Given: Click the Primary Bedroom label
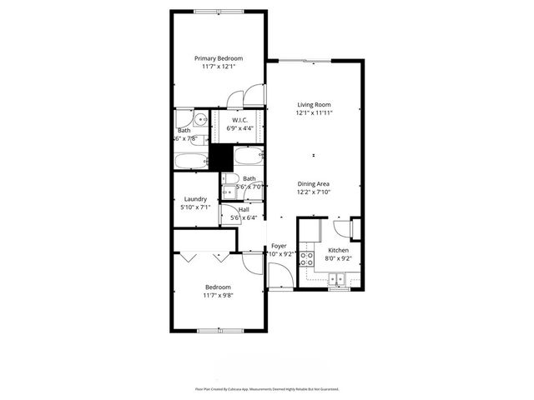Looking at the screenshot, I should [219, 58].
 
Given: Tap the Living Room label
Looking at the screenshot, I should [315, 104].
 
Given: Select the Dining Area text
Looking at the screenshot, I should [315, 183].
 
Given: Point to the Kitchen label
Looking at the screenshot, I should [338, 250].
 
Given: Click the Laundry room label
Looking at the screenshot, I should [195, 199].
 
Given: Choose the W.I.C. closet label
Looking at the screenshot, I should [239, 121].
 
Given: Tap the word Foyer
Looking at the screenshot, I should [279, 247].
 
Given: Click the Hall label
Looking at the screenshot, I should [244, 209].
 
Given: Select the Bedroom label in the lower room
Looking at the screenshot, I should [219, 287].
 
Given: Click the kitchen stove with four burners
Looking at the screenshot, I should [307, 257].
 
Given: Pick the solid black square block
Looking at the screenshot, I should [220, 155].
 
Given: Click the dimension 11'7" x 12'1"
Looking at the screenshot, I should [219, 67].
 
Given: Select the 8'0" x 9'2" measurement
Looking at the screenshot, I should [338, 258].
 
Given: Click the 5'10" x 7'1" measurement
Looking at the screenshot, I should [195, 207].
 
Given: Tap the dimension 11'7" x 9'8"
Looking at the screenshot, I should [219, 296].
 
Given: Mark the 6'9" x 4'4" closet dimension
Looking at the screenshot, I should [239, 129].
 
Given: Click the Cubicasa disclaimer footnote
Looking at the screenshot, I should [267, 389].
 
